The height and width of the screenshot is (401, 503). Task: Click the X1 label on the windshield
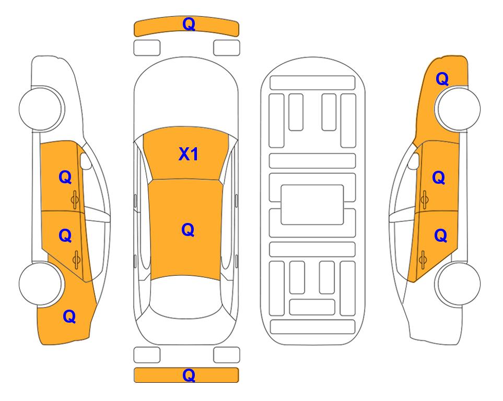click(x=189, y=154)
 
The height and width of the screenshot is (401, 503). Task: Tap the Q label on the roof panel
click(x=188, y=229)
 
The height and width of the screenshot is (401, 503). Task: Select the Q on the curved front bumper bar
click(x=189, y=24)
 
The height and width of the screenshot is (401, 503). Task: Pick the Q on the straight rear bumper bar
click(x=189, y=375)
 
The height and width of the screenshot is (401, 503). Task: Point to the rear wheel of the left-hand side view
click(x=41, y=284)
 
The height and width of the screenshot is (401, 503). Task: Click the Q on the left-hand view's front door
click(x=65, y=178)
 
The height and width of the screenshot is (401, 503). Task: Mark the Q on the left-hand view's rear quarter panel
click(x=69, y=316)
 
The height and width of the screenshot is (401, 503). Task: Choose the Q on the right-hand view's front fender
click(x=442, y=79)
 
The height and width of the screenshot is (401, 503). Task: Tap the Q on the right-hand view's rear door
click(x=440, y=236)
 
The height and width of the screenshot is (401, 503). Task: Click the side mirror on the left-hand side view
click(x=86, y=162)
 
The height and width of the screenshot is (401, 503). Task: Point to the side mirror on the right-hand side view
click(x=414, y=162)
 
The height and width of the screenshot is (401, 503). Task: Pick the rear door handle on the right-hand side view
click(x=424, y=257)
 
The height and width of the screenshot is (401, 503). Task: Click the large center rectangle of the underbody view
click(x=312, y=204)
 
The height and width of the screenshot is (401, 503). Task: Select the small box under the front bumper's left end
click(x=147, y=48)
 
